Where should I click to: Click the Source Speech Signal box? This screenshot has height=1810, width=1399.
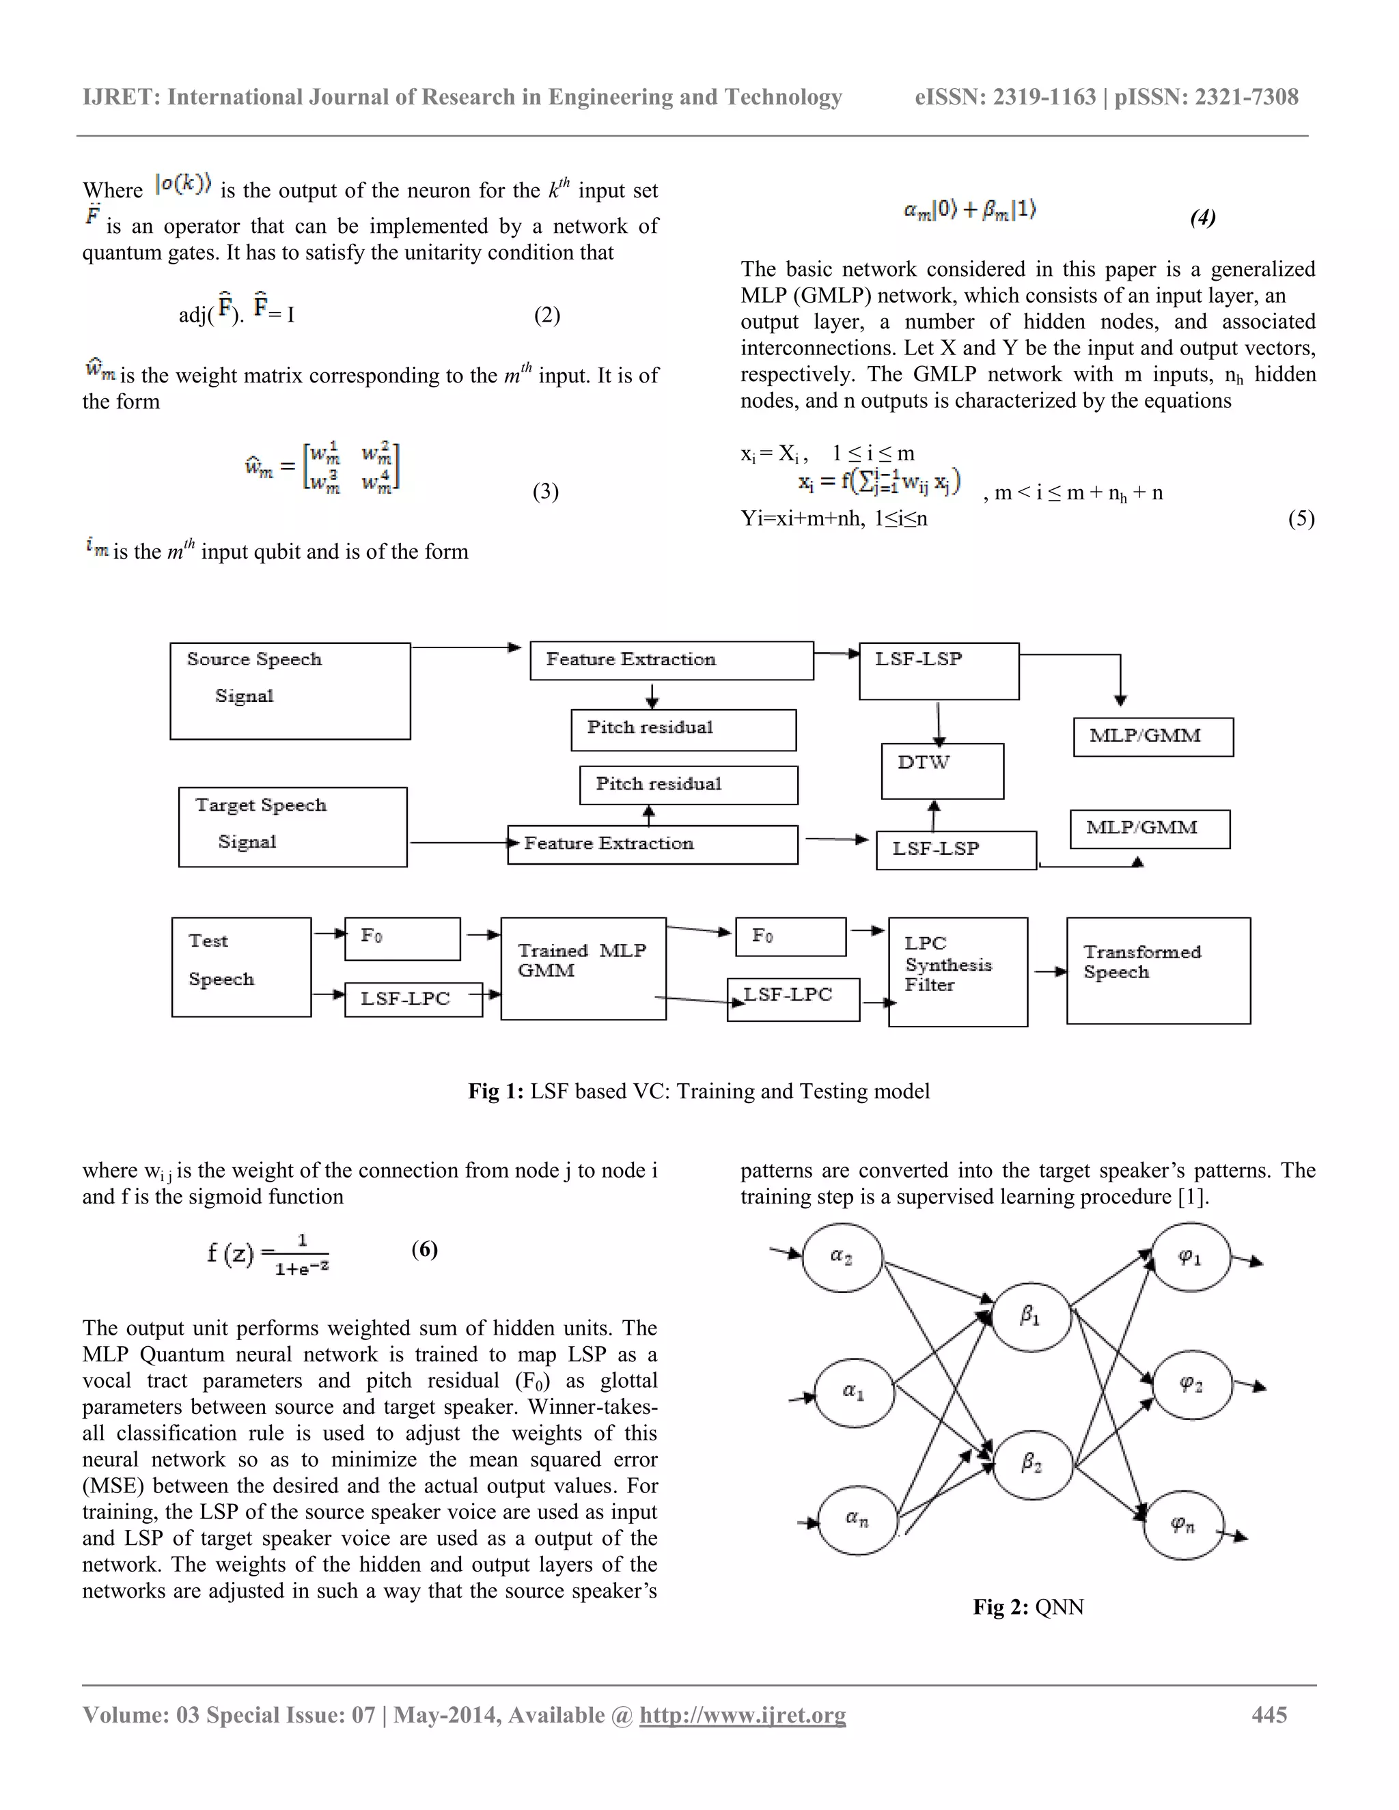[x=290, y=691]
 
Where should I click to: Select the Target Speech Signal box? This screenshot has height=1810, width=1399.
[x=292, y=826]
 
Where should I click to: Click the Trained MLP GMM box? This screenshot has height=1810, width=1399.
[x=583, y=968]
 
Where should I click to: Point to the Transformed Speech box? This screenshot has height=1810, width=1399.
[x=1158, y=971]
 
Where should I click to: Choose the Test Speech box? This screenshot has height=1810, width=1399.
[x=241, y=966]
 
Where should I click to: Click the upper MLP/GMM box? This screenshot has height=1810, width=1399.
[x=1153, y=737]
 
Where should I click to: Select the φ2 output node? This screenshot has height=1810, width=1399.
[x=1191, y=1384]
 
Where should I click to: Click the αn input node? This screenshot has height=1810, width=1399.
[x=857, y=1519]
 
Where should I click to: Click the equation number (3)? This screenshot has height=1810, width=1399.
[x=545, y=492]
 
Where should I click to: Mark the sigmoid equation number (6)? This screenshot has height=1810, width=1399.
[x=424, y=1249]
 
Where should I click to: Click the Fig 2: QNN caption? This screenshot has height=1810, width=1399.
[x=1027, y=1607]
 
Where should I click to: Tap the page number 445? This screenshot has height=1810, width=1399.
[x=1269, y=1714]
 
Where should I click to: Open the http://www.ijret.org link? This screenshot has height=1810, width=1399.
[x=743, y=1714]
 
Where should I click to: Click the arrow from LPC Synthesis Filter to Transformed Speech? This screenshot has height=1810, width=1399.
[x=1049, y=971]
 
